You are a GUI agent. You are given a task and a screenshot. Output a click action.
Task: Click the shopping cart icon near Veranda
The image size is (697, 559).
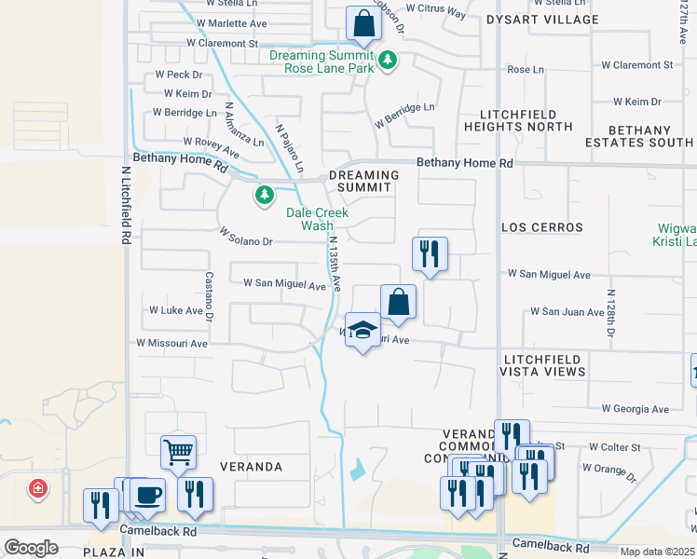point(178,453)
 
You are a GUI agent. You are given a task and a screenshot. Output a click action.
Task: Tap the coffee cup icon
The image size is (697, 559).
point(147,495)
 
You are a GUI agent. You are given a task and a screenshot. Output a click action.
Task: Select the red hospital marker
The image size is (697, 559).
point(37,488)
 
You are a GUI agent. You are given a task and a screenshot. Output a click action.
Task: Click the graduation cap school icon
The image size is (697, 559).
point(362,330)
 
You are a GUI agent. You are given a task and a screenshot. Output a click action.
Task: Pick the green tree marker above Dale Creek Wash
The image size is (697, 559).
point(265,196)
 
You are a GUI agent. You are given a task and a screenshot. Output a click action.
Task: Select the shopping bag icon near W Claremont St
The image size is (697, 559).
point(362,23)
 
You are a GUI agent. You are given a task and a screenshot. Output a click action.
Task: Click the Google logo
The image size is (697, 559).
point(31,548)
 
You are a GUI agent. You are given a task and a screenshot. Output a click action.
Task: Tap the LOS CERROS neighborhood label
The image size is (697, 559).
point(541,227)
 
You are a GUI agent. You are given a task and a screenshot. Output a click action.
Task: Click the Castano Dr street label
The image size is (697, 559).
point(210,291)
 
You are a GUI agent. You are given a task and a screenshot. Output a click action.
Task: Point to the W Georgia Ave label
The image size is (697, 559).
point(635,409)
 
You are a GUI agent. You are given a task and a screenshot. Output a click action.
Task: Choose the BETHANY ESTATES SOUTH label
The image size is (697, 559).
point(638,137)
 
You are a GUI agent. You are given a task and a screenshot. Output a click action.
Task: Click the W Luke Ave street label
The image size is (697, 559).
point(176,310)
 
